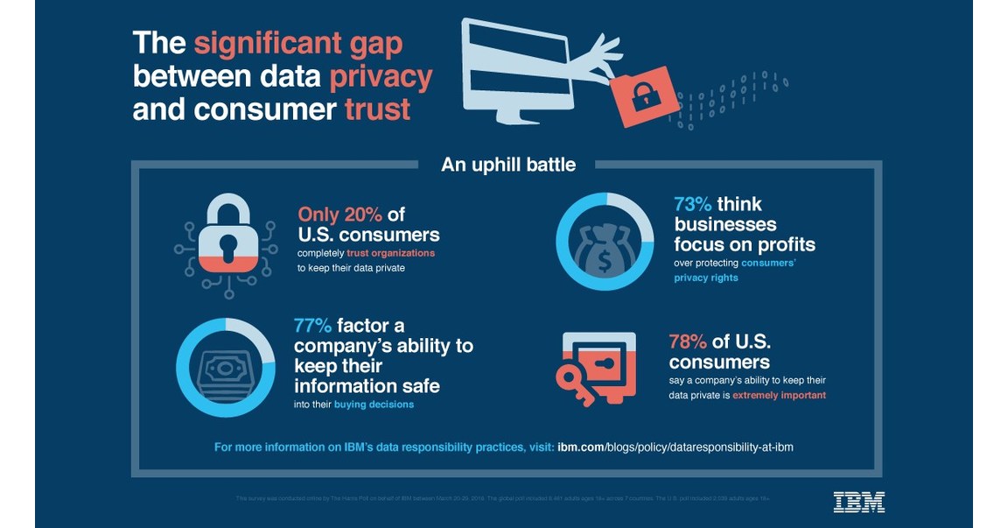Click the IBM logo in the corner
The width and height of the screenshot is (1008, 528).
point(858,502)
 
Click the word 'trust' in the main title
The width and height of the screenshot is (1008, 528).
point(377,109)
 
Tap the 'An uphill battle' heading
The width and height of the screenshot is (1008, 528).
point(508,164)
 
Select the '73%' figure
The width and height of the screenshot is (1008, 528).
point(693,205)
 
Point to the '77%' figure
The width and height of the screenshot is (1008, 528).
point(313,326)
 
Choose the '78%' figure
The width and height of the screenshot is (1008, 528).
point(689,341)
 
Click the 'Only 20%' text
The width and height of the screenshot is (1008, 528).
point(339,215)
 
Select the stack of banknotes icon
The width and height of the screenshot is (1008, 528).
point(226,369)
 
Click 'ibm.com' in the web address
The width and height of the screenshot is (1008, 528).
point(581,447)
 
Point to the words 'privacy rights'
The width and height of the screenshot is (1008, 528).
point(705,278)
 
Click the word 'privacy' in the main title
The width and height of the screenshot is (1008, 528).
point(381,77)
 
